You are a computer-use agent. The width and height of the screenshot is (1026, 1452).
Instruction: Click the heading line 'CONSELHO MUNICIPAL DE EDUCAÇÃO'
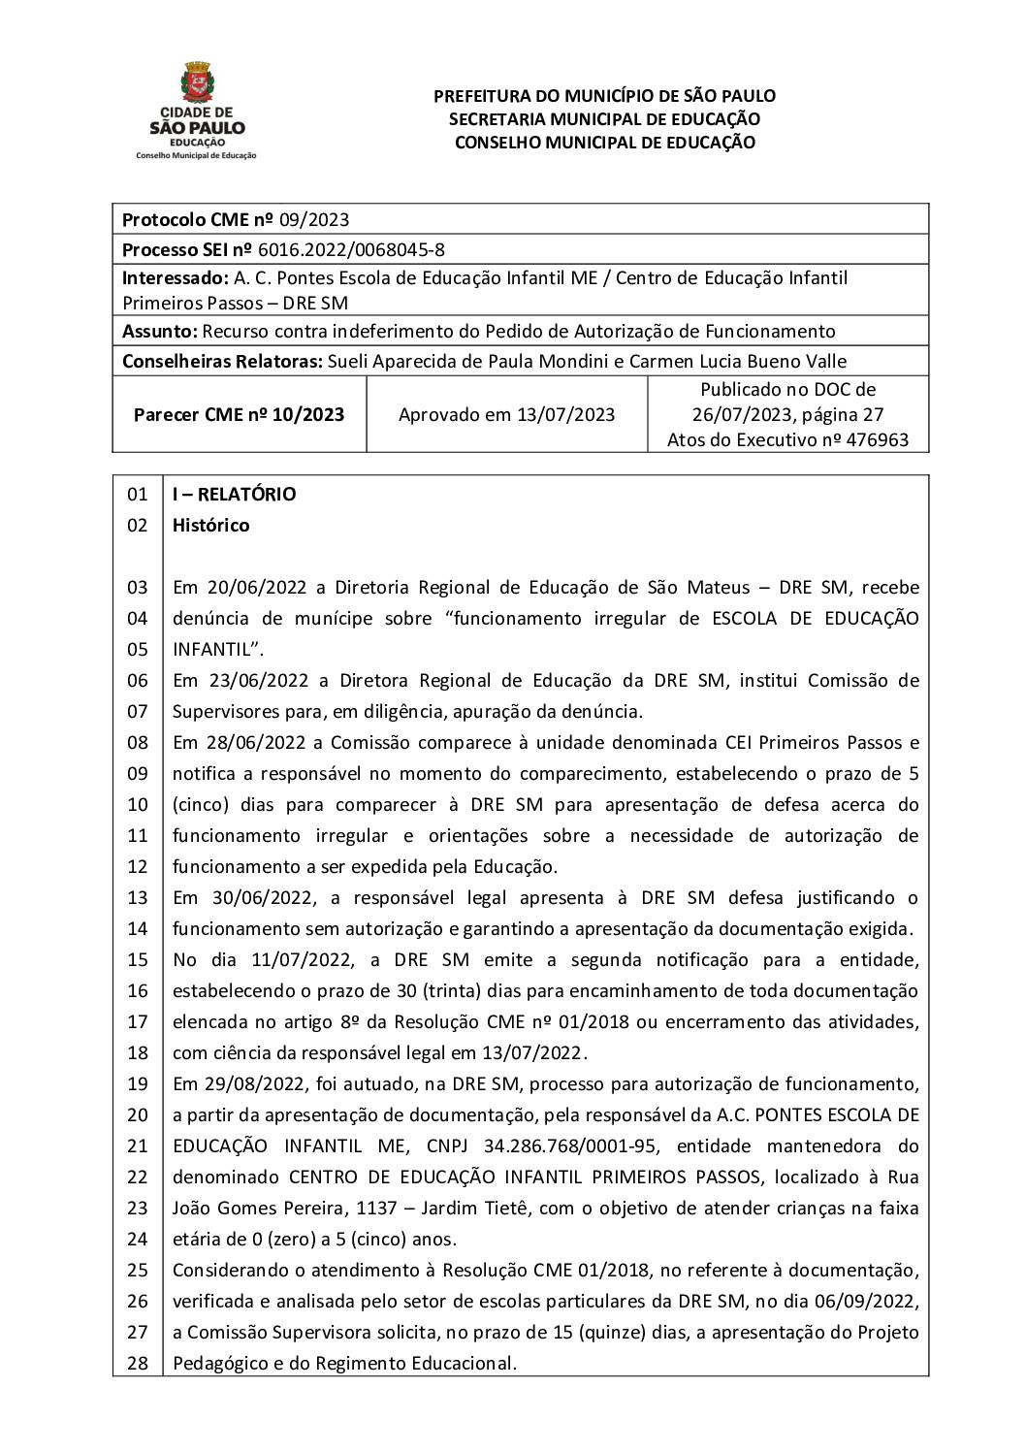pyautogui.click(x=604, y=143)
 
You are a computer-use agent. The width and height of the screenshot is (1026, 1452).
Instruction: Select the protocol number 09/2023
pyautogui.click(x=314, y=219)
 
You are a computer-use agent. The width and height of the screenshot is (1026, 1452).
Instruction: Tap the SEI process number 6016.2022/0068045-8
pyautogui.click(x=363, y=249)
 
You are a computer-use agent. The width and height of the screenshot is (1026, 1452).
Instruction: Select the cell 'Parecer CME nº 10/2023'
pyautogui.click(x=239, y=415)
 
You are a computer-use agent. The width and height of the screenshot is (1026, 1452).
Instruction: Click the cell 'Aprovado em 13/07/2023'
pyautogui.click(x=506, y=415)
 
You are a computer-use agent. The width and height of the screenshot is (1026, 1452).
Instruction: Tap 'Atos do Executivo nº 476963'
pyautogui.click(x=787, y=440)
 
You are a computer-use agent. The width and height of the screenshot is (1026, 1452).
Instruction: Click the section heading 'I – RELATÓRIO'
pyautogui.click(x=234, y=495)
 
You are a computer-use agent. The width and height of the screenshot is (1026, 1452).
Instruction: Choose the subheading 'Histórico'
pyautogui.click(x=210, y=526)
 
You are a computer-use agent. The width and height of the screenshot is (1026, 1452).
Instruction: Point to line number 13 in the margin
pyautogui.click(x=138, y=898)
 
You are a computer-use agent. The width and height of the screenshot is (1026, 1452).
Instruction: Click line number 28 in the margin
pyautogui.click(x=138, y=1364)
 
